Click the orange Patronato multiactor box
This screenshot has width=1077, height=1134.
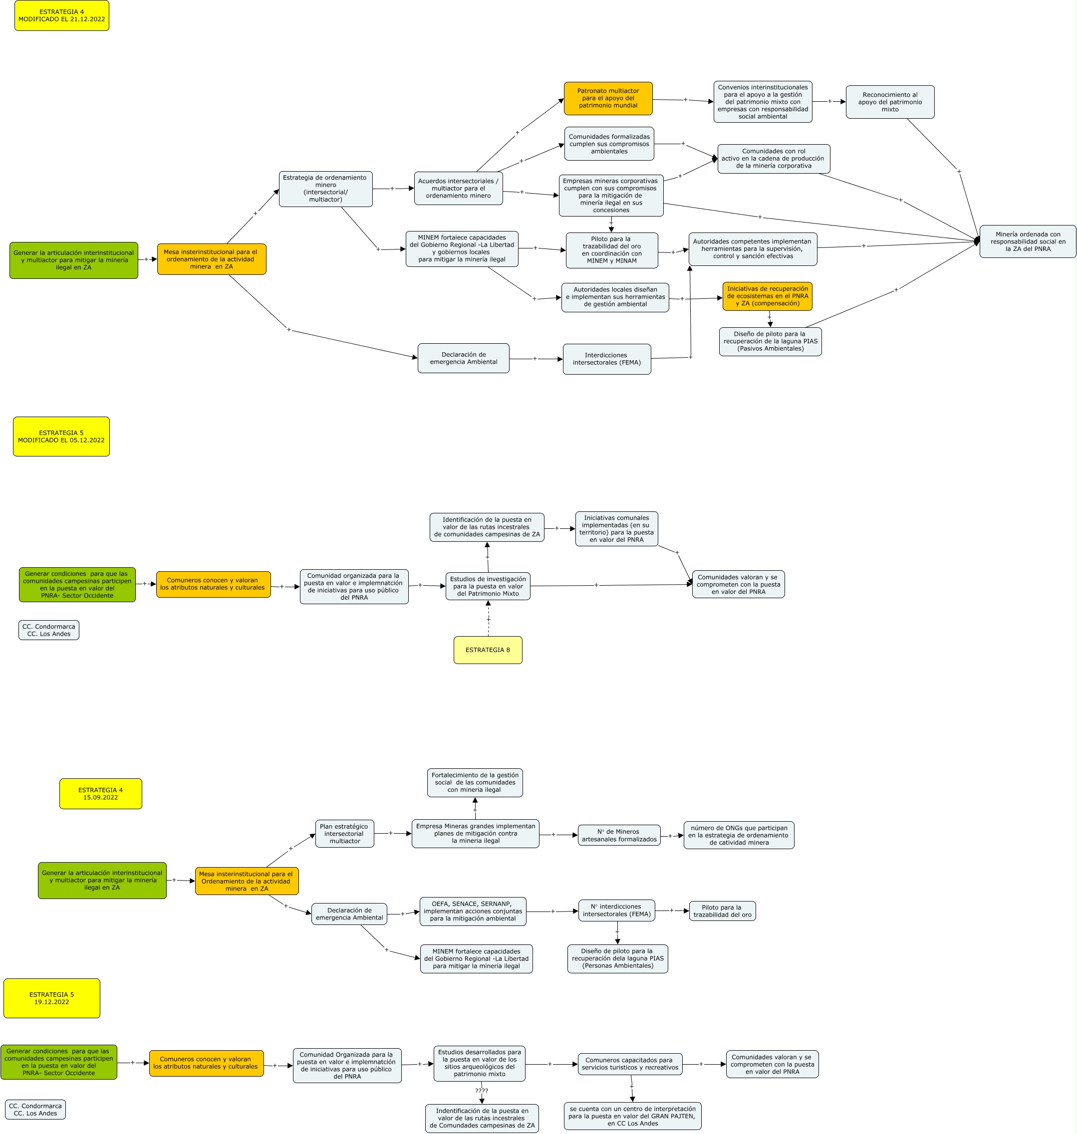pos(608,98)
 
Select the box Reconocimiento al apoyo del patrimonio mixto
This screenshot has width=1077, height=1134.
pos(890,102)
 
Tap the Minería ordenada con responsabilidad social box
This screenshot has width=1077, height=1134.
pos(1028,241)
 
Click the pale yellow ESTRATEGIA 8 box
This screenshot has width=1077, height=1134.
pos(488,650)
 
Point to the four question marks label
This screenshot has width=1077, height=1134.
pos(482,1091)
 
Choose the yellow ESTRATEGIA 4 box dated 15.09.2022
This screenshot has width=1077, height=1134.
pos(100,794)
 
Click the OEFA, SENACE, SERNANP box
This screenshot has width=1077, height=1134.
pos(473,911)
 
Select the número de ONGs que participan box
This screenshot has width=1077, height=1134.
pos(739,835)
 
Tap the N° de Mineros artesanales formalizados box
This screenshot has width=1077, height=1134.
pos(619,835)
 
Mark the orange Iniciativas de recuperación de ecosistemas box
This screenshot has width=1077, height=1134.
pos(767,296)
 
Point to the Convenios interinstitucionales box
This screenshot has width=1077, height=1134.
pos(763,102)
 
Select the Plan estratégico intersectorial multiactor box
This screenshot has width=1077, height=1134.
pos(344,833)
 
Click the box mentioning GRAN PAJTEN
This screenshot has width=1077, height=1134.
pos(632,1116)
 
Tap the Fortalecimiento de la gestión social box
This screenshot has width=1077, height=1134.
pos(475,782)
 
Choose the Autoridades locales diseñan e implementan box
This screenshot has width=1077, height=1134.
pos(615,297)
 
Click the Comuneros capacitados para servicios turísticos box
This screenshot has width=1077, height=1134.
pos(630,1064)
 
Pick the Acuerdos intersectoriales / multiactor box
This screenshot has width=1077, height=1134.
pos(458,188)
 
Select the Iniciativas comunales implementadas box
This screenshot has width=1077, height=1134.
pos(616,528)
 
